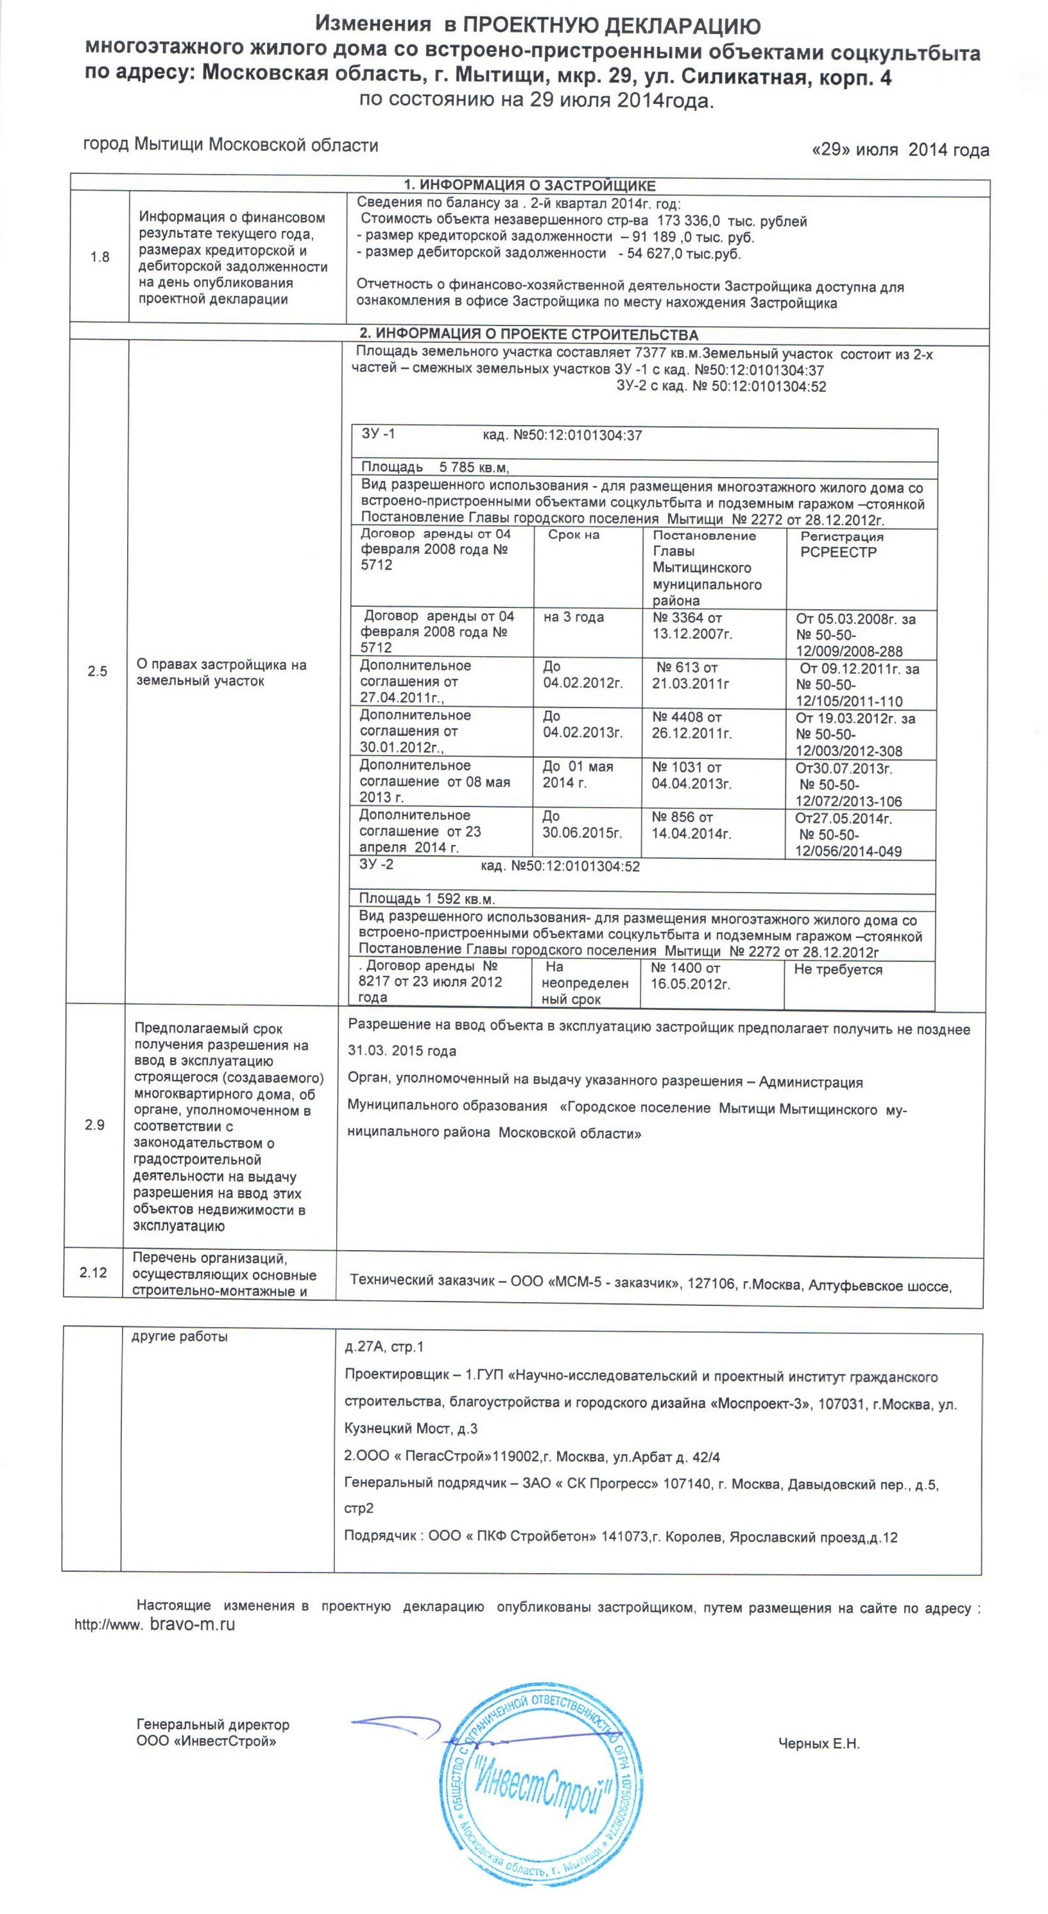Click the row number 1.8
pos(99,257)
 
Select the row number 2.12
pos(93,1273)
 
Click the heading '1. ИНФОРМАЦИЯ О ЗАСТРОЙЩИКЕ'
pos(529,185)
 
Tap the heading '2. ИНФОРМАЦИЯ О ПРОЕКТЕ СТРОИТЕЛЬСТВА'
pos(529,335)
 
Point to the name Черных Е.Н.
pos(818,1743)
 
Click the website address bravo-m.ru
pos(193,1624)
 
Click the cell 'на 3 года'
pos(573,618)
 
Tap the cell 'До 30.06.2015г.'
pos(581,825)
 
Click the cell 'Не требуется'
pos(838,970)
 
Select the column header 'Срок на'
pos(573,535)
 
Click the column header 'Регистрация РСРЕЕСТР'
pos(841,544)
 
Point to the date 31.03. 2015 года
pos(402,1051)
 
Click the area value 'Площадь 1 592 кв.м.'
pos(426,899)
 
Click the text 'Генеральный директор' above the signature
pos(213,1725)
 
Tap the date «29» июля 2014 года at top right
pos(901,150)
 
